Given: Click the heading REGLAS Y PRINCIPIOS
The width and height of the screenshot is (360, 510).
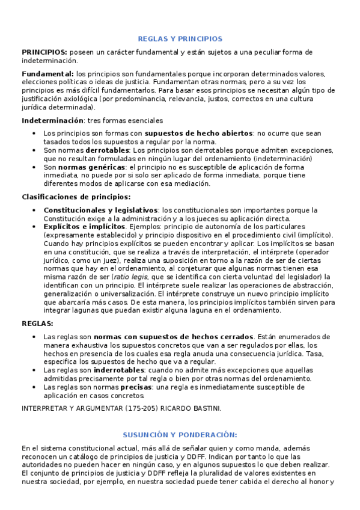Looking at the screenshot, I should tap(180, 38).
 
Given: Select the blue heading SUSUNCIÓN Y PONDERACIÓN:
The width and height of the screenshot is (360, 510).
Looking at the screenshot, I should tap(180, 434).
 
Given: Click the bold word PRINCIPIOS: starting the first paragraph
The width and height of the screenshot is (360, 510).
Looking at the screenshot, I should tap(44, 52).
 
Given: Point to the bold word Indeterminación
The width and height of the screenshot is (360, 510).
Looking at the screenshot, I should tap(53, 120).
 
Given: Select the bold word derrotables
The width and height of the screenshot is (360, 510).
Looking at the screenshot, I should tap(108, 150).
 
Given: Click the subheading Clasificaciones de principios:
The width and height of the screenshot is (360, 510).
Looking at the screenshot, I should tap(76, 196).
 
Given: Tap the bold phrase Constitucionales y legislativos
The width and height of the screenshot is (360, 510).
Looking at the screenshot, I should tap(100, 210).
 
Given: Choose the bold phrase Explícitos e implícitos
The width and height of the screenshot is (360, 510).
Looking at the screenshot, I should tap(84, 227).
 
